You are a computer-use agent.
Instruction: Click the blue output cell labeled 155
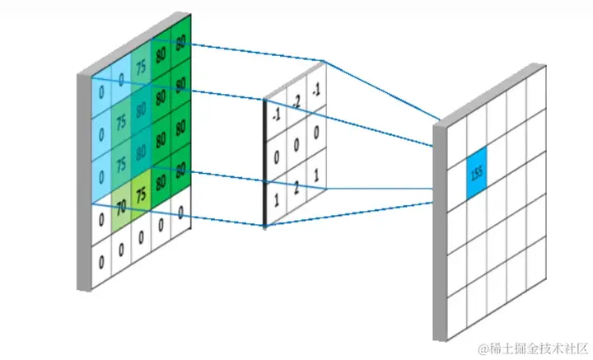pos(476,174)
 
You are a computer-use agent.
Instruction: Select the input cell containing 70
pos(121,203)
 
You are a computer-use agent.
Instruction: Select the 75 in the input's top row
pos(142,69)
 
